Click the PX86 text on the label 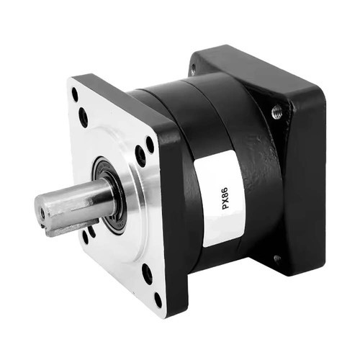click(226, 198)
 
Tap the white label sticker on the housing click(219, 198)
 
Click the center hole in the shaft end click(42, 213)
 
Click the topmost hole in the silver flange click(75, 94)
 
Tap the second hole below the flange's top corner click(83, 117)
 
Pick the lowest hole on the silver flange click(158, 300)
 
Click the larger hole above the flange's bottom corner click(147, 274)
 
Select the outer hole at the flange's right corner click(150, 145)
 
